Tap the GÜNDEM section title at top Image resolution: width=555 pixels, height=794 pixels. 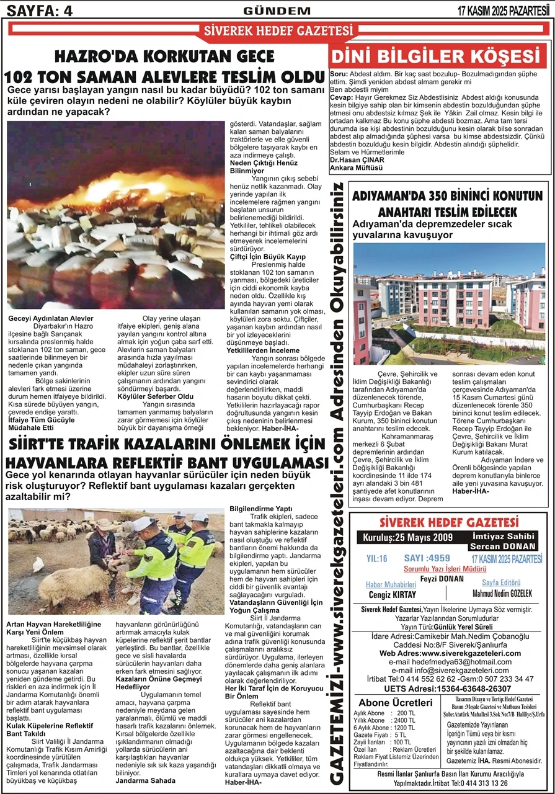coord(277,11)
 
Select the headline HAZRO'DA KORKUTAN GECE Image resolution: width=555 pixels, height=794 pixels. coord(164,57)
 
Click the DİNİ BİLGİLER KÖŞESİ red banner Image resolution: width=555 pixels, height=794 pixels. coord(437,56)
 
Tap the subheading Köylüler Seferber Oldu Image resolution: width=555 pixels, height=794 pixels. coord(156,396)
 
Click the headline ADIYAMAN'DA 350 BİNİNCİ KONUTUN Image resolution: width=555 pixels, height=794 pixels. coord(447,196)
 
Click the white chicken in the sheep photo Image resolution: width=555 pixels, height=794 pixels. coord(38,564)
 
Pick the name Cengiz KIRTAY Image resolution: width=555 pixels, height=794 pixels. coord(391,594)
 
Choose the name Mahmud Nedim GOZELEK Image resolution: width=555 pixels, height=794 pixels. coord(498,594)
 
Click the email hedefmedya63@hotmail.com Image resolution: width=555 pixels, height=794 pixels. coord(449,662)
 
